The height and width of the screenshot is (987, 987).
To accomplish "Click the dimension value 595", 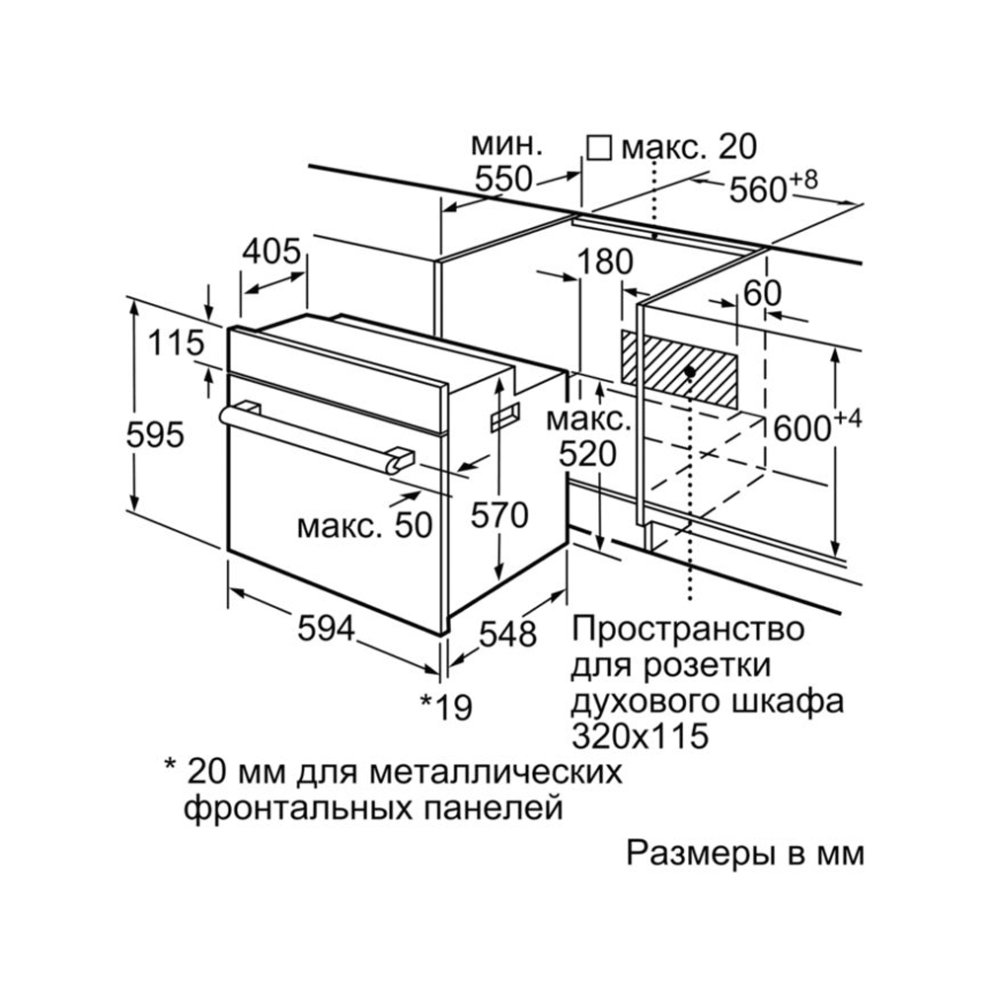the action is click(155, 434).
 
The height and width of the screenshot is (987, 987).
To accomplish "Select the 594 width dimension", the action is click(326, 628).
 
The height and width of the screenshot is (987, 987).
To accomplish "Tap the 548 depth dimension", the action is click(507, 634).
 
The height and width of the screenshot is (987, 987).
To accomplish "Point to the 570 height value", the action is click(499, 515).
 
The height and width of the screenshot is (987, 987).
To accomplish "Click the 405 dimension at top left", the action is click(272, 252).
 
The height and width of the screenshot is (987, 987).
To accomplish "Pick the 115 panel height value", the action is click(177, 343).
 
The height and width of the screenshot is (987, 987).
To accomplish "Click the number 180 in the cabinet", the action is click(605, 262).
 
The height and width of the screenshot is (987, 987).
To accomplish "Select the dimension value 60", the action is click(762, 293).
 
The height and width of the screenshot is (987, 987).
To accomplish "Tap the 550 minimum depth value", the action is click(503, 179).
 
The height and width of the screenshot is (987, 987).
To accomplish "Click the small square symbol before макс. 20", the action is click(599, 149).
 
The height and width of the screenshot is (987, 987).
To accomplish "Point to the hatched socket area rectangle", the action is click(679, 368).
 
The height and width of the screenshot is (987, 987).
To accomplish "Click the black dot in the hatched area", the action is click(690, 372).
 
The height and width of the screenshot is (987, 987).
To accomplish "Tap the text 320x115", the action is click(640, 735).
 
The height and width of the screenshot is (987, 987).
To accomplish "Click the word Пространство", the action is click(688, 629).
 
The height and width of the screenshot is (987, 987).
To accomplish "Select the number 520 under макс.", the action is click(588, 453).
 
